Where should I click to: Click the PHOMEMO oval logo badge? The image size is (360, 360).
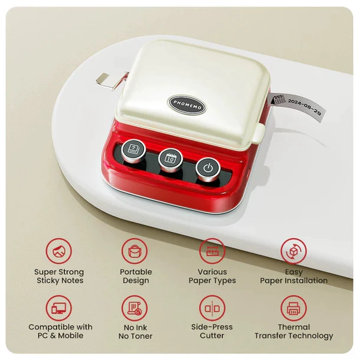[x=187, y=105]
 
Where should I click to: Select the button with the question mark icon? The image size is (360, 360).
[x=133, y=149]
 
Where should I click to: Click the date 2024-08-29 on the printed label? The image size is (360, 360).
[x=305, y=107]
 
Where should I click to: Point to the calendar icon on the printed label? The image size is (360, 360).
[x=278, y=100]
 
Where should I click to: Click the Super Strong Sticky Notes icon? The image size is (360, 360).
[x=59, y=251]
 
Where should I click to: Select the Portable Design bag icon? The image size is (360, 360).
[x=135, y=251]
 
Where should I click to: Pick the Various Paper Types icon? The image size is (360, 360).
[x=212, y=251]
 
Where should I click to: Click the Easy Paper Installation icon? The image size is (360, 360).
[x=293, y=251]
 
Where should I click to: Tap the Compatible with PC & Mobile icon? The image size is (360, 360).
[x=59, y=308]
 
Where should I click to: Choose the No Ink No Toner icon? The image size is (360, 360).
[x=135, y=308]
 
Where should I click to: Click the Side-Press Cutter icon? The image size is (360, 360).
[x=212, y=308]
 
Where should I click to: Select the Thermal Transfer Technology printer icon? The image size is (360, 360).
[x=293, y=308]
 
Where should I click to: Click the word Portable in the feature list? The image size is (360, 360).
[x=136, y=272]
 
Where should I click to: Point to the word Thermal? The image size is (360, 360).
[x=294, y=327]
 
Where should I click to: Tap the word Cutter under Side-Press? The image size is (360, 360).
[x=212, y=335]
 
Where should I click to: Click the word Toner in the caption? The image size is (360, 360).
[x=142, y=336]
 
